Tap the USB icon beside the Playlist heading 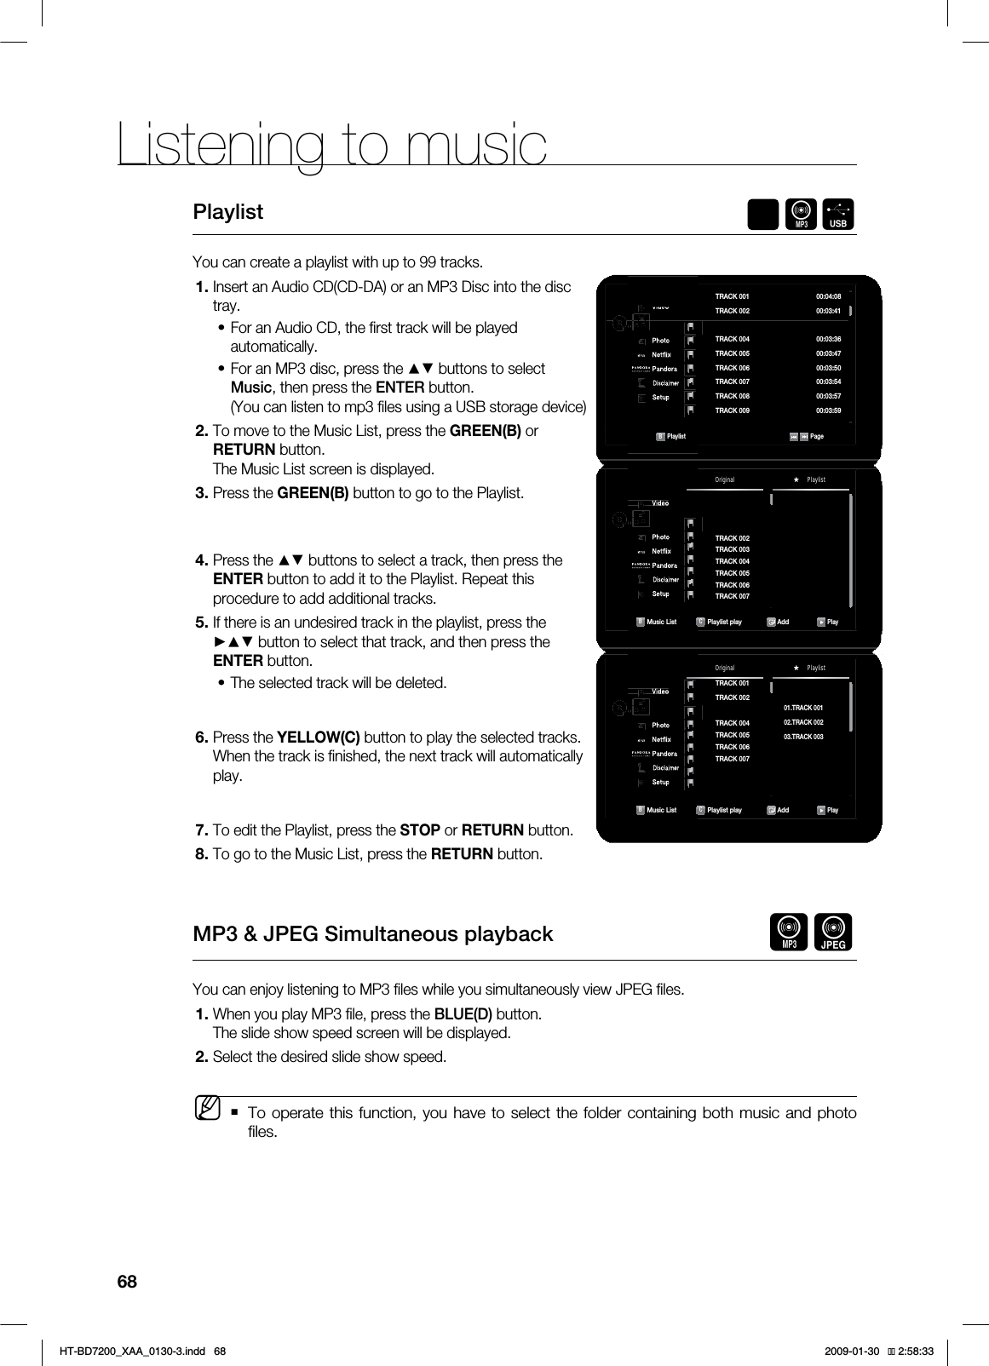point(838,215)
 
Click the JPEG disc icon point(832,932)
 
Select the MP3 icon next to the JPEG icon point(789,932)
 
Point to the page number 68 point(127,1282)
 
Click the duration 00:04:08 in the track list point(828,296)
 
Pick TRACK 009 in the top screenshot point(732,410)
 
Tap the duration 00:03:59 point(828,410)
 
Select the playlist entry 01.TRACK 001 point(802,708)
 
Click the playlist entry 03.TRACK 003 point(802,736)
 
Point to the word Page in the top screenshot point(817,437)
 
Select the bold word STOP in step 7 point(420,829)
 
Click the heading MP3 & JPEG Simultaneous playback point(373,934)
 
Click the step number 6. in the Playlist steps point(202,737)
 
